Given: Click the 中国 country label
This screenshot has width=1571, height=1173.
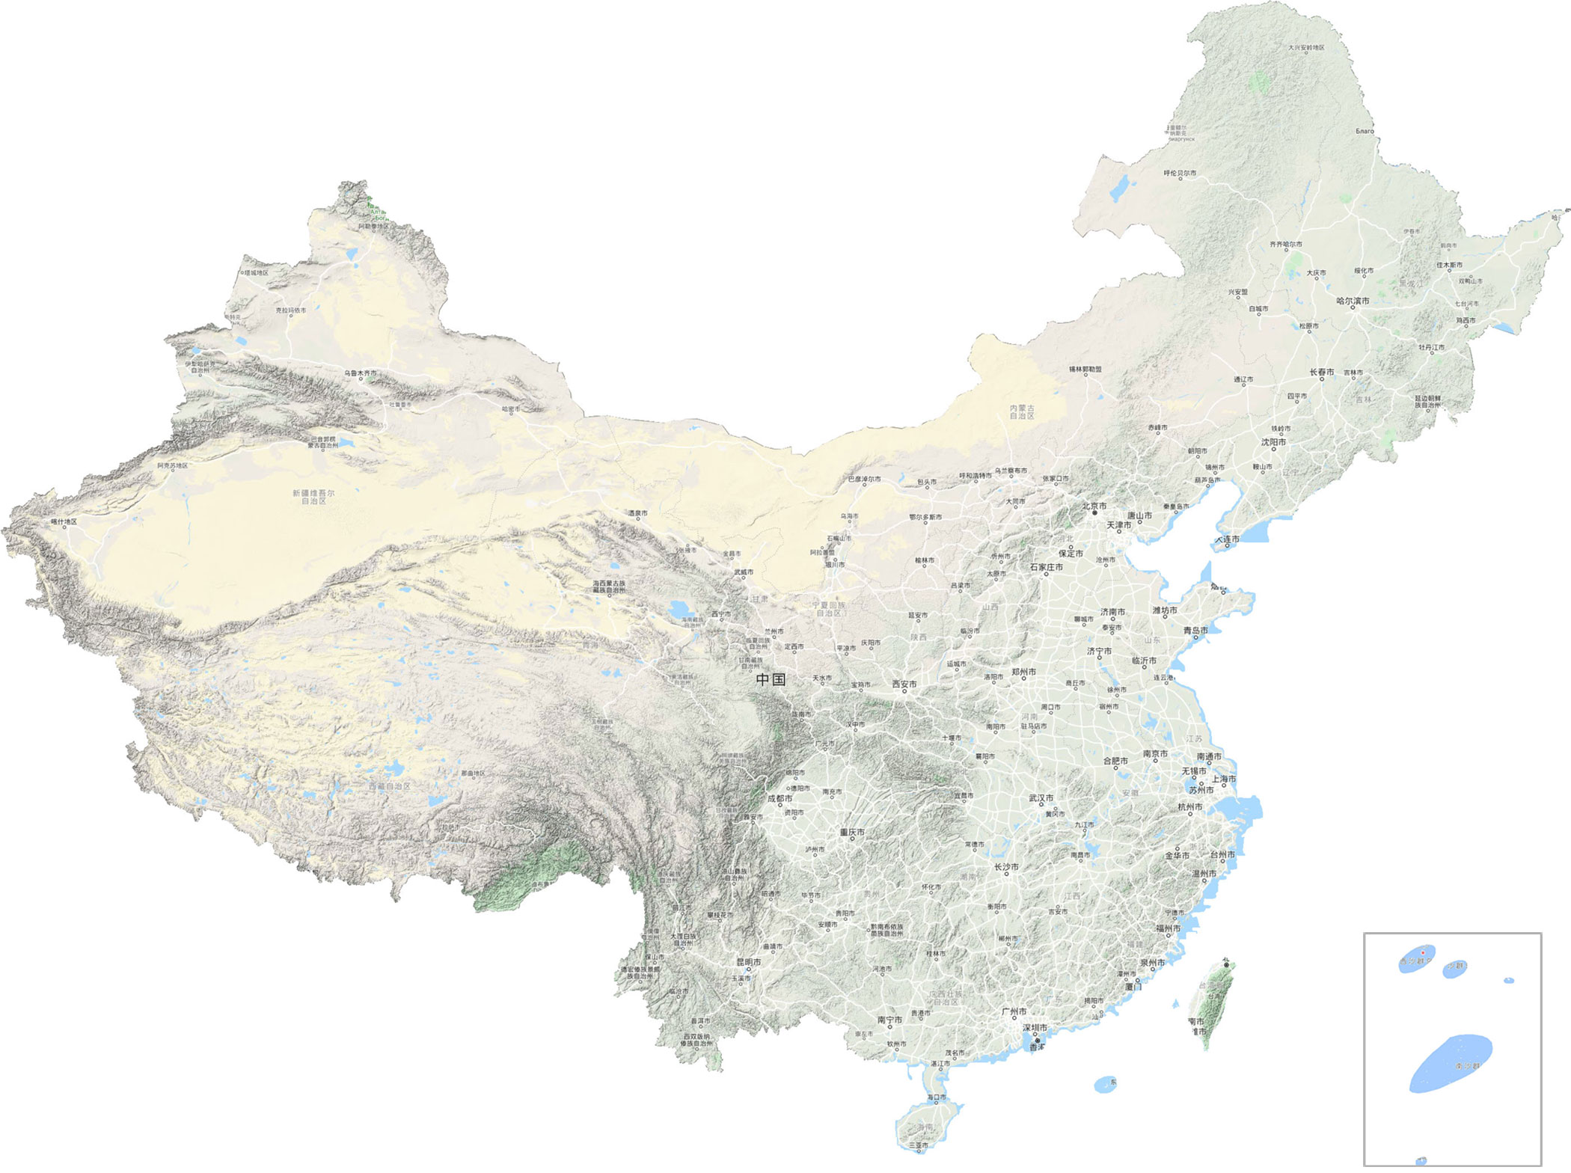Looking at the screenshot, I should point(771,680).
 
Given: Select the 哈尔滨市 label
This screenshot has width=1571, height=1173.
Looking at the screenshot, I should point(1353,301).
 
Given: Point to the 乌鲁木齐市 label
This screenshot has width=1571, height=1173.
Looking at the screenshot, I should point(361,373).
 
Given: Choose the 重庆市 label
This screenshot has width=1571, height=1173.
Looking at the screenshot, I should point(852,832).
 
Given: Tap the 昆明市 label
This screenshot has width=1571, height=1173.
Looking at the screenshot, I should point(748,962).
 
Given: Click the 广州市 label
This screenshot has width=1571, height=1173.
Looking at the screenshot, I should point(1014,1011).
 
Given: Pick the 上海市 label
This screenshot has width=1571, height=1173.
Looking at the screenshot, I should point(1223,779).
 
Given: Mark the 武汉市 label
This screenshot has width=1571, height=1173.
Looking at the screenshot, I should point(1041,798).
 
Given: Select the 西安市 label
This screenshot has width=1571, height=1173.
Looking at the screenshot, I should point(904,684).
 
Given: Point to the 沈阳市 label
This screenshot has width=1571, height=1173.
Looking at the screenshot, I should point(1273,442).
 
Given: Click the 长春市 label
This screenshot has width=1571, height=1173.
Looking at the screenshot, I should point(1322,372).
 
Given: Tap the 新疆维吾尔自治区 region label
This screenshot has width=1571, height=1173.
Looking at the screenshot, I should point(313,497).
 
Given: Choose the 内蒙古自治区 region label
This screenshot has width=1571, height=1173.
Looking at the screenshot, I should point(1022,411).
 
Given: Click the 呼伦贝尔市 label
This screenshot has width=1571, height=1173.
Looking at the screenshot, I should point(1180,173).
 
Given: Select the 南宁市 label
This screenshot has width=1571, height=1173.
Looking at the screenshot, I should point(889,1020).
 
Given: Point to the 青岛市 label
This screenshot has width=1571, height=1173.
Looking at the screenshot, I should point(1195,630).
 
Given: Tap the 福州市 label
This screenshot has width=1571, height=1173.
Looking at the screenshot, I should point(1168,928).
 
